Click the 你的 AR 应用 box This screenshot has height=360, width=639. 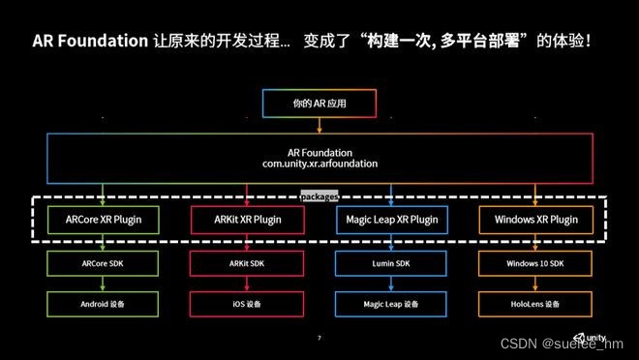coord(319,102)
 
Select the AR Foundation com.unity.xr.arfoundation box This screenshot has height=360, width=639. coord(319,158)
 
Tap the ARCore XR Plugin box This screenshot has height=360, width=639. coord(104,220)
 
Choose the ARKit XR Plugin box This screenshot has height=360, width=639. coord(248,220)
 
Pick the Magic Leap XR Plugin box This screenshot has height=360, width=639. coord(390,220)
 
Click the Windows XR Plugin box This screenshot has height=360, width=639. coord(534,220)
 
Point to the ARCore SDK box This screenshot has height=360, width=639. coord(104,263)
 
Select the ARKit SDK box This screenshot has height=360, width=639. coord(248,263)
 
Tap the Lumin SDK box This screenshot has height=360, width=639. coord(390,263)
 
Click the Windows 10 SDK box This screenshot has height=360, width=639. coord(534,263)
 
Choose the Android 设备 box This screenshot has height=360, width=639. coord(104,304)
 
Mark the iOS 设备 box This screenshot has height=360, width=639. coord(248,304)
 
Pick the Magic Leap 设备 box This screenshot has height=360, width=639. coord(390,304)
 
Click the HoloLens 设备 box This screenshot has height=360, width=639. coord(534,304)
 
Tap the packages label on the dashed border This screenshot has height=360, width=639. coord(319,195)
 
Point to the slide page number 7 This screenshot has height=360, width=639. coord(319,338)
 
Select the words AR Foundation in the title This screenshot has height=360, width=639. coord(91,43)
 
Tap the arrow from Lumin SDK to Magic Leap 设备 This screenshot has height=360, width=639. coord(390,284)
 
